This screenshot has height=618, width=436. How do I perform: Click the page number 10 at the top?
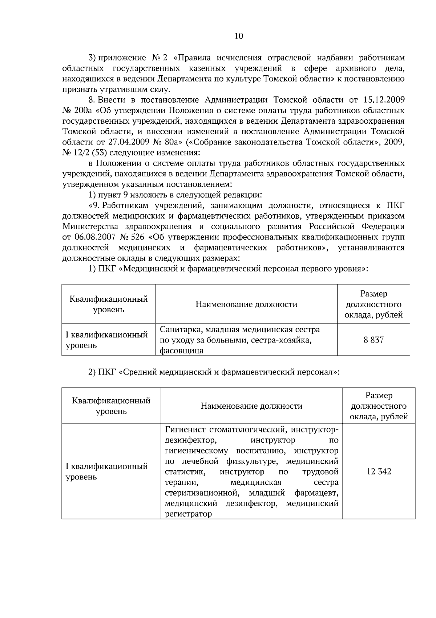pos(239,36)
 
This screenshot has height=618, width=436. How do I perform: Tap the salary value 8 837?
pos(374,340)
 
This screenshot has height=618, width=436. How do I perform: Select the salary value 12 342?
pos(379,471)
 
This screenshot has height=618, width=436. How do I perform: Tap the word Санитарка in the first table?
pos(180,330)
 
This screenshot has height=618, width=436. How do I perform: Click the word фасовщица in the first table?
pos(181,351)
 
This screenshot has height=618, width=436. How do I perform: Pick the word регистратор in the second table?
pos(188,514)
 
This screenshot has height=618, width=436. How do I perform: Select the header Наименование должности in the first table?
pos(246,304)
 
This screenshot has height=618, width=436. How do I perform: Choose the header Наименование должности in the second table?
pos(251,406)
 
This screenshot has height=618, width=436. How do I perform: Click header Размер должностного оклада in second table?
pos(379,406)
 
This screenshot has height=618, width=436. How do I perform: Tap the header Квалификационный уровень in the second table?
pos(111,406)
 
